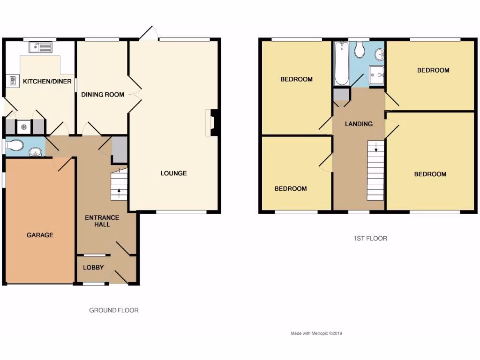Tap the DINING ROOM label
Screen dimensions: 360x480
click(x=103, y=95)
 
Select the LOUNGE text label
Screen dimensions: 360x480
click(x=173, y=173)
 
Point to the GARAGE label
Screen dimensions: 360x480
click(x=40, y=235)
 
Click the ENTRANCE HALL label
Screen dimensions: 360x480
click(x=102, y=221)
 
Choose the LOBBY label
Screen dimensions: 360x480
click(x=93, y=268)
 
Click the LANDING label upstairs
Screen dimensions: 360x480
click(x=359, y=124)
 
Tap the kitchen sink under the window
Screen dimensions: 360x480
click(x=40, y=47)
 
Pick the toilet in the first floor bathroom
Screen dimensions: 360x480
click(x=360, y=50)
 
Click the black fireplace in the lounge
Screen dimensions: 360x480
click(x=214, y=122)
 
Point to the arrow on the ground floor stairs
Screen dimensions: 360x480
click(x=119, y=191)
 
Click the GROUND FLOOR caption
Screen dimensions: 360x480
click(x=114, y=310)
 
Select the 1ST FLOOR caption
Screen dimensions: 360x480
click(x=370, y=239)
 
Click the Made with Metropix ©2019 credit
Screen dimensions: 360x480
click(x=317, y=333)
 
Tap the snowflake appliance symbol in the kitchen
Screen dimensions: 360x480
click(x=23, y=127)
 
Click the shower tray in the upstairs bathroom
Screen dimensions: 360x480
click(x=376, y=75)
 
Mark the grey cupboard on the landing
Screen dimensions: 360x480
click(x=341, y=94)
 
